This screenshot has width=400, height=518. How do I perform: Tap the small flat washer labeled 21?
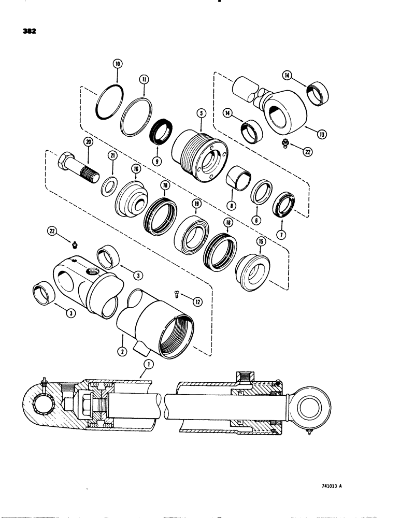tap(109, 185)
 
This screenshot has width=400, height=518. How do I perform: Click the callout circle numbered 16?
tap(137, 169)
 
